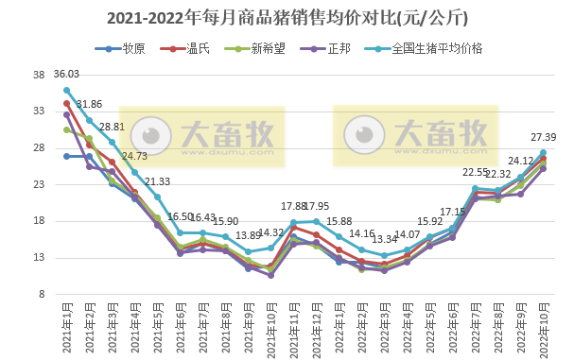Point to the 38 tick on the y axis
tap(39, 75)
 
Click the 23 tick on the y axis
tap(39, 184)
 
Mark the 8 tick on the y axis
tap(42, 294)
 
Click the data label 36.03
tap(66, 74)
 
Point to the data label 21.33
tap(158, 181)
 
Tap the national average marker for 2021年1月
tap(66, 90)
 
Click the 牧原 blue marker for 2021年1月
tap(66, 156)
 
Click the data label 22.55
tap(475, 173)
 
